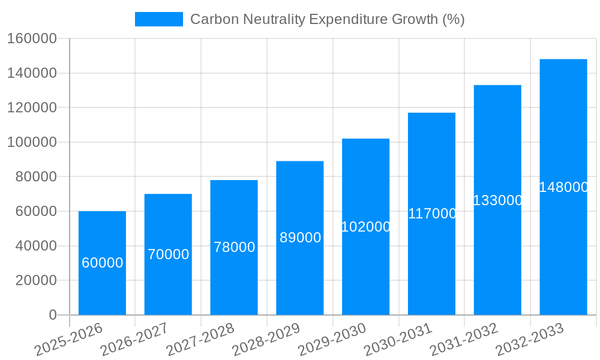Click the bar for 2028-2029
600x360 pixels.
point(299,276)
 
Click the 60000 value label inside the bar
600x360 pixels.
point(102,263)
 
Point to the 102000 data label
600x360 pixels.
point(365,227)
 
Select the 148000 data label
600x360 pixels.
point(563,187)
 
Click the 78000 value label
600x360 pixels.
point(234,247)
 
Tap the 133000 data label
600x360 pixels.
point(497,200)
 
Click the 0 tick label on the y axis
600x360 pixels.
point(53,315)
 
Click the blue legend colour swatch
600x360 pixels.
point(158,19)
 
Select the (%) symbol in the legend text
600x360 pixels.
point(453,19)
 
